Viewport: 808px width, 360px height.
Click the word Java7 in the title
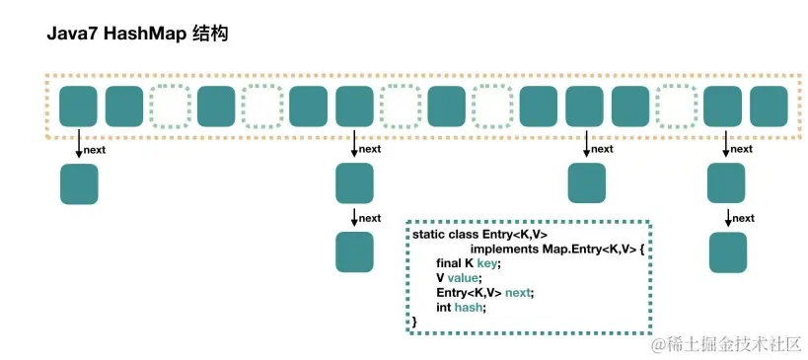(71, 35)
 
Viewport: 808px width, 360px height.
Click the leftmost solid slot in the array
(79, 106)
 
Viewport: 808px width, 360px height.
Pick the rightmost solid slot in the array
(769, 106)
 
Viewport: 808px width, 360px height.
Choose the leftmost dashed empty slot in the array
(171, 106)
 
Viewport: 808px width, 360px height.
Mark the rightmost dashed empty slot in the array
(677, 106)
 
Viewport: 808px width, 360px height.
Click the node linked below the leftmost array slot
(79, 184)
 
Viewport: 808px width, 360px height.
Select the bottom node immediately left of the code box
(355, 252)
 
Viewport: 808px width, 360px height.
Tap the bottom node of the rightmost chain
(729, 252)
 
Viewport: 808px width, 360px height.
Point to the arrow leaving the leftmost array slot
(79, 146)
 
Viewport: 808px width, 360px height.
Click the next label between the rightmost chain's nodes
(743, 218)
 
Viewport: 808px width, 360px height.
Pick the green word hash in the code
(471, 308)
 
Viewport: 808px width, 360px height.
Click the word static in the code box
(428, 235)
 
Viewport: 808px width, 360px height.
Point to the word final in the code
(451, 263)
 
